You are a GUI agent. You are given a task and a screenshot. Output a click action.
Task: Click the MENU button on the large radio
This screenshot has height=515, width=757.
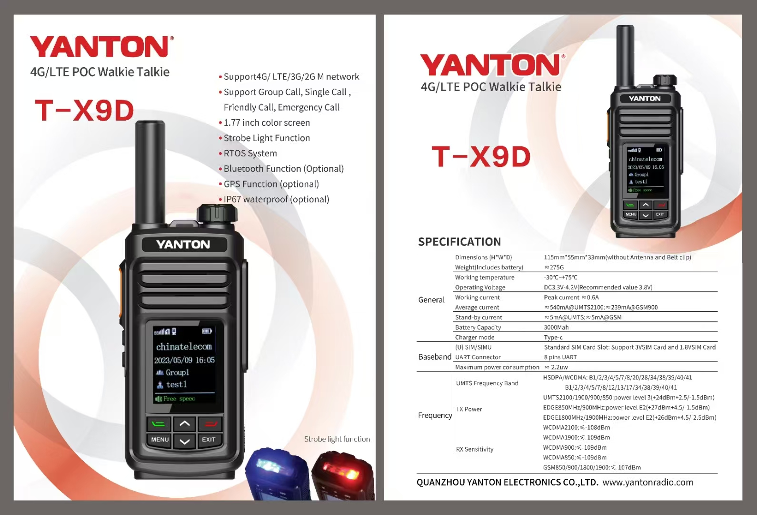coord(160,440)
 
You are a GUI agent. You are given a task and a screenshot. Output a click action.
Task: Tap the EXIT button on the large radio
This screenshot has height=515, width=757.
coord(209,440)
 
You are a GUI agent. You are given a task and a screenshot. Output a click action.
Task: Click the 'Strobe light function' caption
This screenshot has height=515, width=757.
coord(337,439)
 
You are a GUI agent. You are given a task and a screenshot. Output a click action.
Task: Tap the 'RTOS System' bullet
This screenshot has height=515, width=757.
coord(250,154)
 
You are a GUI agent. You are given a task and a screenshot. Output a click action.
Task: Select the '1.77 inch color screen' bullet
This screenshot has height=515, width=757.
coord(267,123)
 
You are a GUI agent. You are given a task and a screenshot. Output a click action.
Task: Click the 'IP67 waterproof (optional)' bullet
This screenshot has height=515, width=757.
coord(276,199)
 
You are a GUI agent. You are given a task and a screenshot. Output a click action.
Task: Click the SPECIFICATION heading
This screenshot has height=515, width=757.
coord(459,242)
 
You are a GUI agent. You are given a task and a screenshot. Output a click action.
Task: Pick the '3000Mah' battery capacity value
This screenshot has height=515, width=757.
coord(556,328)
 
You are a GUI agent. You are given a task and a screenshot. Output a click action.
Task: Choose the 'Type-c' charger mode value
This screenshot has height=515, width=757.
coord(553,338)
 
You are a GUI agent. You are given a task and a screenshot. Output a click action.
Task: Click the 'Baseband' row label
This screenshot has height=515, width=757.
coord(434,357)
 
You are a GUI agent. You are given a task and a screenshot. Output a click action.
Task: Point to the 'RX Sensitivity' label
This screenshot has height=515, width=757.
coord(475,449)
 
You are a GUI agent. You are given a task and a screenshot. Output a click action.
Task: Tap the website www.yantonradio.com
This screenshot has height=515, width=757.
coord(647,483)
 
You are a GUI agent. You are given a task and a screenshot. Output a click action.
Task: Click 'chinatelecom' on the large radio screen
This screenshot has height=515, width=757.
coord(184,347)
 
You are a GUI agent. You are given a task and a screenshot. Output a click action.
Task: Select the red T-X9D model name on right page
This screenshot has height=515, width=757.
coord(481,157)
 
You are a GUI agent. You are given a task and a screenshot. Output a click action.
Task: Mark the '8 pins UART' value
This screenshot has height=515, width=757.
coord(560,357)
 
